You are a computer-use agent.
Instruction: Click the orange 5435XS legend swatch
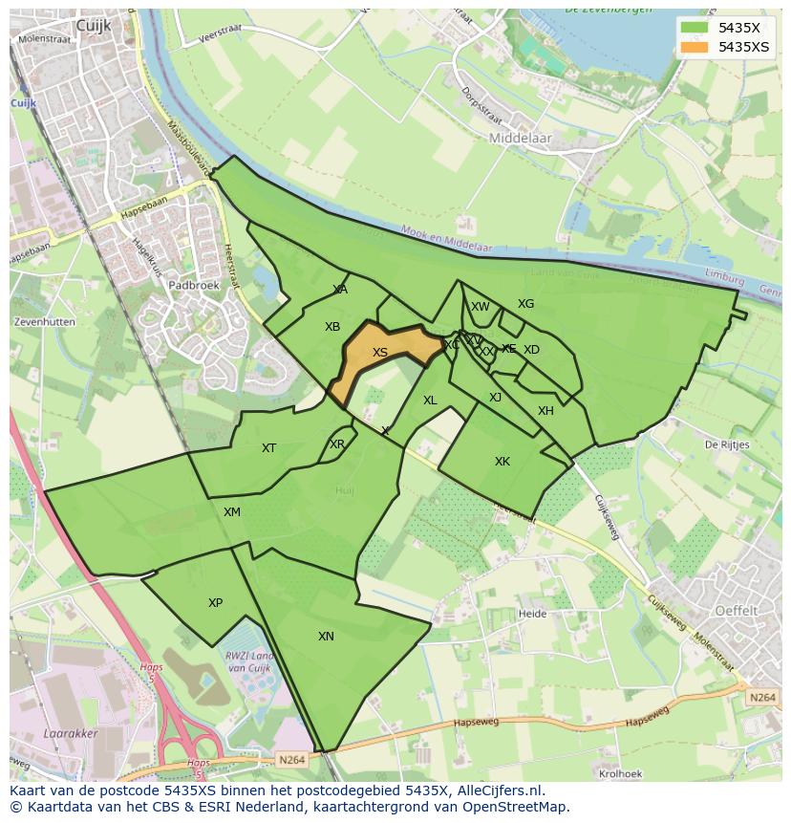695,47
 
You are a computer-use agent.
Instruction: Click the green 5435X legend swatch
695,28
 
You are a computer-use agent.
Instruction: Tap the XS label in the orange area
380,353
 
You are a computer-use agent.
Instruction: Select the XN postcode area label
326,636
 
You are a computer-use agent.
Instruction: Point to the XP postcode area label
215,603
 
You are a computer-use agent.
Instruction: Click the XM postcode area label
232,512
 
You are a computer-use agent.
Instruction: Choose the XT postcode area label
268,448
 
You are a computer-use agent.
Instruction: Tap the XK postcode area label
502,462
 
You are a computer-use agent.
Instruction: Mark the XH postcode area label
545,411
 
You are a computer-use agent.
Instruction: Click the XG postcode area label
525,304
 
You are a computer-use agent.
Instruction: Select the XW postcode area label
480,307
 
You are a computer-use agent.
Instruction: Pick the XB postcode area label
332,327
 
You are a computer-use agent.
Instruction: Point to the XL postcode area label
430,401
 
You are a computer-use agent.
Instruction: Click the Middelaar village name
520,138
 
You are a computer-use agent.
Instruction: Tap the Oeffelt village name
737,610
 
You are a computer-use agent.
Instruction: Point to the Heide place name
530,614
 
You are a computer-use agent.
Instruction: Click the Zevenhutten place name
44,322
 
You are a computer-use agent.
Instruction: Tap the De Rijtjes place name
727,444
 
